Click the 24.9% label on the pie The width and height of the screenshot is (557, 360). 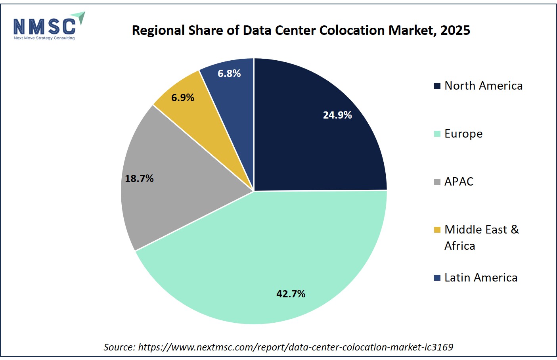[x=337, y=115]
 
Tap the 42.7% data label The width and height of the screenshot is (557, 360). [x=291, y=294]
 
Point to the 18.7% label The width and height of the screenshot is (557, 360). [x=139, y=178]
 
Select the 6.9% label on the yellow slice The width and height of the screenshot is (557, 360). [x=182, y=98]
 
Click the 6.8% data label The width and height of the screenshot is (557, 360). [x=229, y=73]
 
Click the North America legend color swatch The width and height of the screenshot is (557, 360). [x=437, y=86]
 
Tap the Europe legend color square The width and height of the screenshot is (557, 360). [x=437, y=134]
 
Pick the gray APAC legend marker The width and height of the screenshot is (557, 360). [x=437, y=182]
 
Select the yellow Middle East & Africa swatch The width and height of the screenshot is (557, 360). [x=437, y=230]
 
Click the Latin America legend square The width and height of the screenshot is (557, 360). [x=437, y=278]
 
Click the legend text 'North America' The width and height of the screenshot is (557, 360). [x=483, y=86]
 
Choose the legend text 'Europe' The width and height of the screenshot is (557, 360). [x=463, y=134]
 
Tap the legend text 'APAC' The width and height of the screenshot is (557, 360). [x=459, y=182]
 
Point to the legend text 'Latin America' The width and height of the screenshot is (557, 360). [x=481, y=278]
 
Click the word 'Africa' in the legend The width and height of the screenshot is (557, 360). [x=460, y=246]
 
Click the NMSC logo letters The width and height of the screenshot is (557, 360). [x=45, y=27]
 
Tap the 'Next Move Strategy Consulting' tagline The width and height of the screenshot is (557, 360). [x=44, y=38]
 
